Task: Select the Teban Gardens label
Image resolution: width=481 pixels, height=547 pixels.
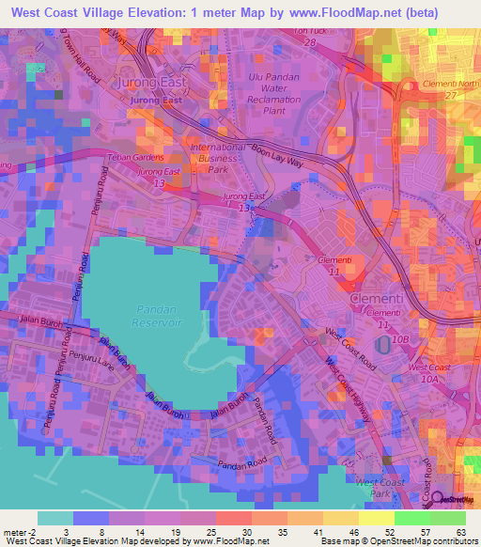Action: click(136, 157)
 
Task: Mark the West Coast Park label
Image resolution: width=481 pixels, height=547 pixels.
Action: click(380, 488)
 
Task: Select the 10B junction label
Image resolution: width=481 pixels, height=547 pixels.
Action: click(403, 337)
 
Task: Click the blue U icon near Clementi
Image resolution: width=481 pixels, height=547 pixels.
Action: click(380, 347)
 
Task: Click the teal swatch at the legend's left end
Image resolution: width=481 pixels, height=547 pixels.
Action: click(55, 518)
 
